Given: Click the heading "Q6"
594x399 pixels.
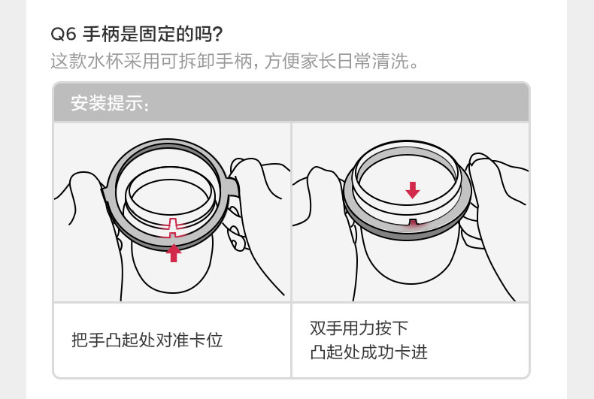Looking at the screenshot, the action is click(x=62, y=35).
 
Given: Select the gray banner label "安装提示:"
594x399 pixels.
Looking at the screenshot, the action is click(x=110, y=103).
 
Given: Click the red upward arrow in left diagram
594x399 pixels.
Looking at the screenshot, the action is click(x=174, y=252).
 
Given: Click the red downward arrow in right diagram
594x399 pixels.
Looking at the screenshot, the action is click(x=412, y=189).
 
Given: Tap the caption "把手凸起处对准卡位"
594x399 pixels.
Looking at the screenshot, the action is click(x=147, y=340).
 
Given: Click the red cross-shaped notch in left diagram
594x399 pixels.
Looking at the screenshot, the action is click(x=174, y=226).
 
